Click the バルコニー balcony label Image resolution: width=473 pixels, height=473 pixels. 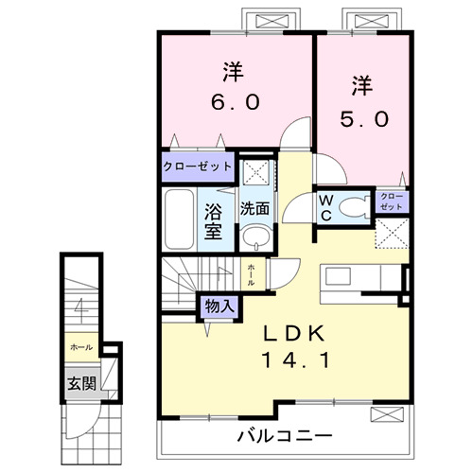283,437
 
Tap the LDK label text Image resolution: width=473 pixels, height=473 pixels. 292,333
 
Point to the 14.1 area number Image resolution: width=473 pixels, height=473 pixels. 292,360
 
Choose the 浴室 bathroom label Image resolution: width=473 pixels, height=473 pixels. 213,218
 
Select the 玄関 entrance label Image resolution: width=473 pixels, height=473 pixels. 79,384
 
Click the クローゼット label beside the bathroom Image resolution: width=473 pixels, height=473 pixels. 197,166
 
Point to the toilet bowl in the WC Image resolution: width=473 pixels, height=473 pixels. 354,207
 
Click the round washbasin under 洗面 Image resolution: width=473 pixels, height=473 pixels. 253,236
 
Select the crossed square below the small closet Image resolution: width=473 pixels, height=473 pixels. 393,233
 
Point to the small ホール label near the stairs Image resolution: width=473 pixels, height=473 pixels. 251,274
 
